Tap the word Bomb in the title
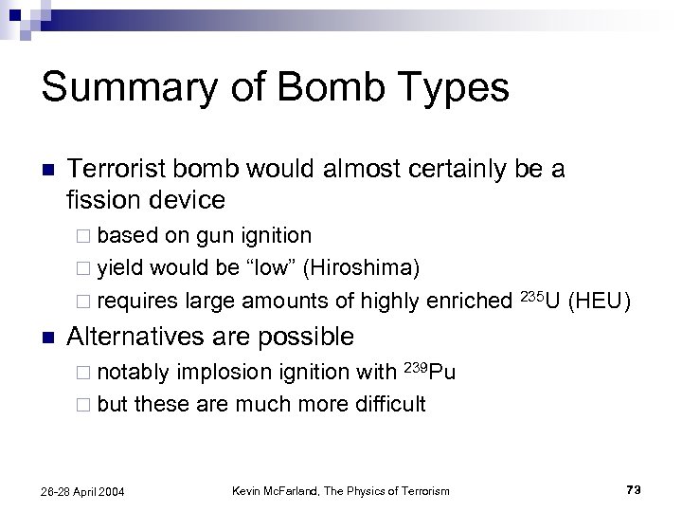[318, 88]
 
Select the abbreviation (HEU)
[601, 302]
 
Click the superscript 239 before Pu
[415, 365]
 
